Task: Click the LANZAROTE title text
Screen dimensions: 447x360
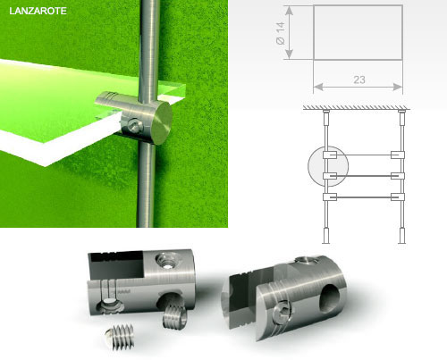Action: coord(38,11)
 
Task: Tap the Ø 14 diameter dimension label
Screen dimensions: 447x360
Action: coord(281,33)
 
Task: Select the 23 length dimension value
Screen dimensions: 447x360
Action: coord(359,80)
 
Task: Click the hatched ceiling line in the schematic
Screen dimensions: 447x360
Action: coord(357,107)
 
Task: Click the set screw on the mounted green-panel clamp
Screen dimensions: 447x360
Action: coord(134,125)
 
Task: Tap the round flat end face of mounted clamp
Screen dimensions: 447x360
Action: coord(162,123)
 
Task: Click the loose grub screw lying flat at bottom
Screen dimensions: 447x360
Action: coord(120,337)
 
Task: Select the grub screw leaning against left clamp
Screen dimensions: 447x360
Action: coord(174,316)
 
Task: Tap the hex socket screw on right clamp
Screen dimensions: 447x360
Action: coord(283,313)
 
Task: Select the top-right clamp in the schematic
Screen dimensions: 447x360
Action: coord(398,155)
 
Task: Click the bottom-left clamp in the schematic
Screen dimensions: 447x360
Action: coord(330,197)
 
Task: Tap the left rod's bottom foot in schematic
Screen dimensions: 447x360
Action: coord(325,237)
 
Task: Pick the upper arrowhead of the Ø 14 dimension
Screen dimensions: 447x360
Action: coord(290,11)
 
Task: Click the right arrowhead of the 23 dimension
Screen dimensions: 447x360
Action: coord(398,87)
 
